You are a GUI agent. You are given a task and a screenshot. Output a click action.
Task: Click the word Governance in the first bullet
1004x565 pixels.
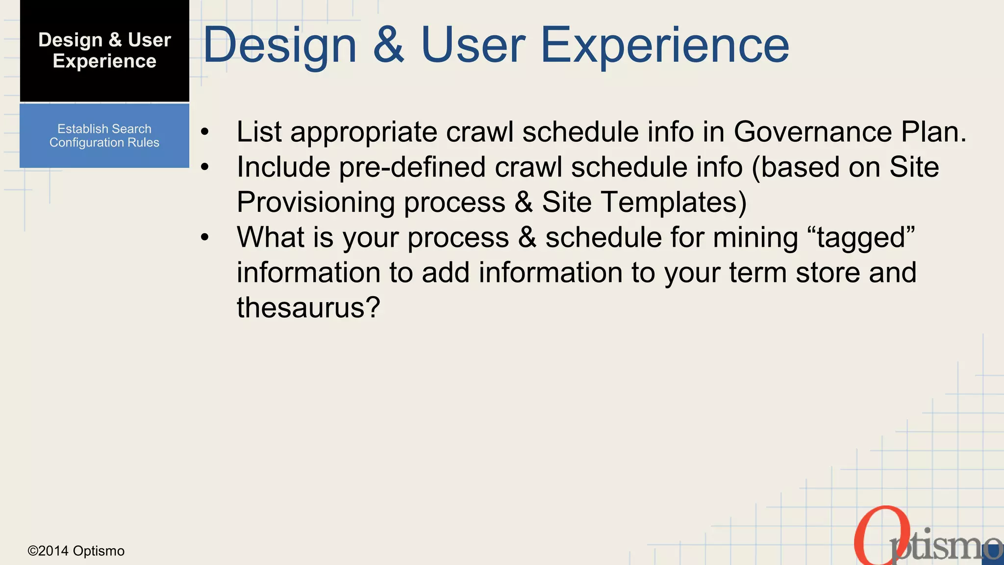812,132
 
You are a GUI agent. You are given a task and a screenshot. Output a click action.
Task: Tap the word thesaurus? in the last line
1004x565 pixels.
308,308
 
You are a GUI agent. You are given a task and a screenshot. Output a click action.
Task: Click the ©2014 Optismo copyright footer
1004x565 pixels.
76,551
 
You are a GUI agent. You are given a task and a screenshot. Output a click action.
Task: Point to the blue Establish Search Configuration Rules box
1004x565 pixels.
104,136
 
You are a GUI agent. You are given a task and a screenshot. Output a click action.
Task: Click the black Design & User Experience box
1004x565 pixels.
104,51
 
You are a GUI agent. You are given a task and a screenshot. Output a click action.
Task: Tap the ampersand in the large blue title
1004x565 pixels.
388,45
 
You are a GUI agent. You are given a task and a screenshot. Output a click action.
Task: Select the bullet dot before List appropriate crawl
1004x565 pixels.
205,132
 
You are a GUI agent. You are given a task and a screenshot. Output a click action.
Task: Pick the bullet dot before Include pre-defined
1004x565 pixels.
205,167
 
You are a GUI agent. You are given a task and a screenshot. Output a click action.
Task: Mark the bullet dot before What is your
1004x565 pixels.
205,238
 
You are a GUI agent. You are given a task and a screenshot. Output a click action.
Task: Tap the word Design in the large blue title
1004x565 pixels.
279,45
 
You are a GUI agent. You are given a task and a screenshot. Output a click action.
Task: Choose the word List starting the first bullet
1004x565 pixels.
259,132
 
